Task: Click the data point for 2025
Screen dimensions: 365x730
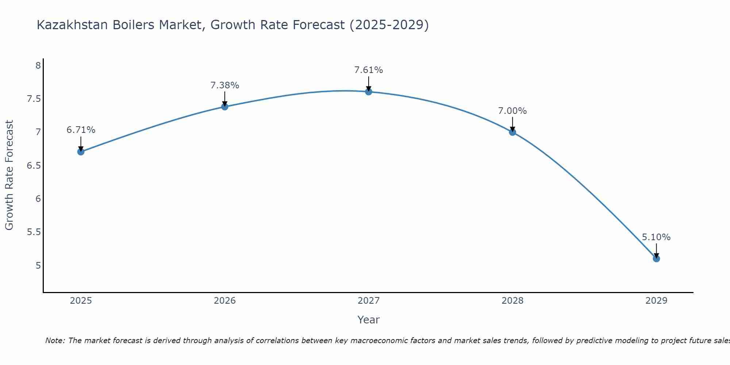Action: coord(81,151)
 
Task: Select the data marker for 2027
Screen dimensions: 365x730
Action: coord(369,92)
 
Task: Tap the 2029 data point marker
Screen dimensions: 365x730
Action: coord(656,259)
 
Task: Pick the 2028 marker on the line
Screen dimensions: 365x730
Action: coord(512,132)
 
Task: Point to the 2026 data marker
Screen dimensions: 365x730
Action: coord(225,107)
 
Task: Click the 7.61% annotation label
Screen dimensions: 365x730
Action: coord(369,70)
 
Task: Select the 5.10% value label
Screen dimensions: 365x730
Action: coord(656,237)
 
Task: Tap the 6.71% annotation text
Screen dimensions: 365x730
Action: coord(81,130)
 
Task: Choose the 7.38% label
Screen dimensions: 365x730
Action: coord(225,85)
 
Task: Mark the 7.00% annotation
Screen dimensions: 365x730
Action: coord(512,111)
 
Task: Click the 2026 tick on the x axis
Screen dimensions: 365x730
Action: coord(225,301)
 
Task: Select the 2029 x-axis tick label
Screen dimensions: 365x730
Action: coord(656,301)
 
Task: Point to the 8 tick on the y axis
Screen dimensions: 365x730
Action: coord(38,66)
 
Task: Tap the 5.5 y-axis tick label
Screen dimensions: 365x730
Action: coord(34,232)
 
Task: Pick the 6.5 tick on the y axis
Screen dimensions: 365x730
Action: coord(34,166)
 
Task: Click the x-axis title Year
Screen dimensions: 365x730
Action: coord(369,320)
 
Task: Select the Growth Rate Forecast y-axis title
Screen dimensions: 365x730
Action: coord(9,175)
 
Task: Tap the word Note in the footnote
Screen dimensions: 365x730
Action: coord(55,341)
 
